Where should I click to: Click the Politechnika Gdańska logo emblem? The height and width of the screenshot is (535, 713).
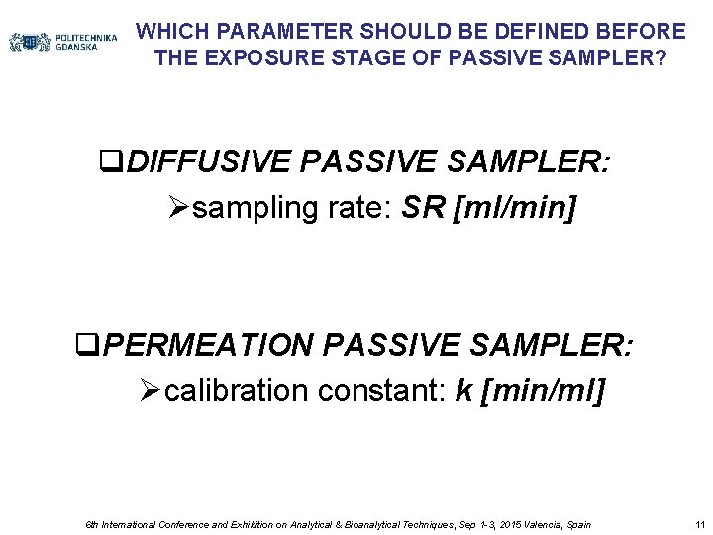30,42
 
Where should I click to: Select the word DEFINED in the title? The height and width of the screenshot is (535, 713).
555,32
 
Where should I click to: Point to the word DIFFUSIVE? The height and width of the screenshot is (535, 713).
211,162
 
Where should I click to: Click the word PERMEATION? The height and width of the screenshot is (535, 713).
208,346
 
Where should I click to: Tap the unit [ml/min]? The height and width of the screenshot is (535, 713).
514,208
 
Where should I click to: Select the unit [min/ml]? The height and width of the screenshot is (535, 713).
542,391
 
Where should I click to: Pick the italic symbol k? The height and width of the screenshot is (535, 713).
462,391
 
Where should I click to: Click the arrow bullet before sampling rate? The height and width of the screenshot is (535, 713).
177,209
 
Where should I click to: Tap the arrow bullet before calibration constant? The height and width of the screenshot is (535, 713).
151,392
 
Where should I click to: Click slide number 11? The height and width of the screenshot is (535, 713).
700,524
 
